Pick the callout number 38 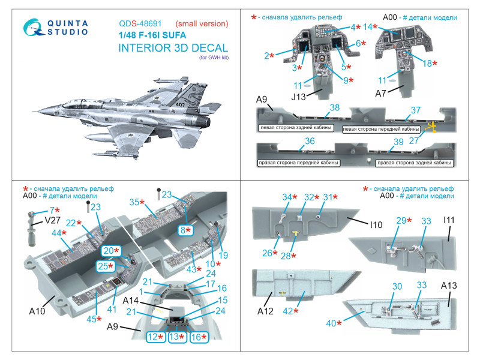pyautogui.click(x=335, y=108)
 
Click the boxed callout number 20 pyautogui.click(x=109, y=251)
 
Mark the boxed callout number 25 pyautogui.click(x=104, y=266)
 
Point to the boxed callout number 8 pyautogui.click(x=188, y=230)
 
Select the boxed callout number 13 pyautogui.click(x=175, y=338)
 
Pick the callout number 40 pyautogui.click(x=331, y=323)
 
